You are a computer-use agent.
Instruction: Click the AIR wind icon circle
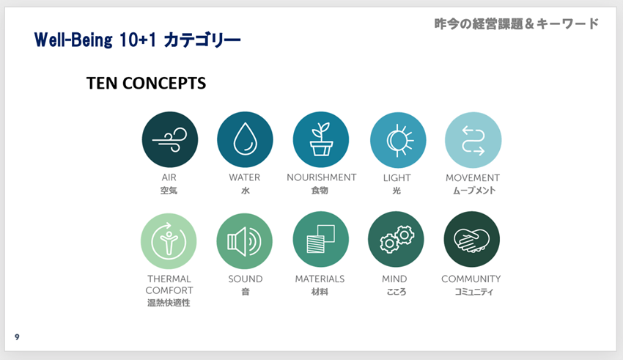(169, 139)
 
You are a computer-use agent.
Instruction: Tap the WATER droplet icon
(245, 139)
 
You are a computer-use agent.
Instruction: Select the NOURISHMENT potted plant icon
(320, 139)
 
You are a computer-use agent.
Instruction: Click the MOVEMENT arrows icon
(473, 139)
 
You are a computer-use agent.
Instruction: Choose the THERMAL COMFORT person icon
(169, 240)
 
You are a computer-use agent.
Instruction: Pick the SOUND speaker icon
(245, 240)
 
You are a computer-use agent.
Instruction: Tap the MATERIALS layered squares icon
(320, 240)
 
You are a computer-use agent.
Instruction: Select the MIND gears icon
(396, 240)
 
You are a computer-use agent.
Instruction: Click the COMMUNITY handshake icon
(471, 240)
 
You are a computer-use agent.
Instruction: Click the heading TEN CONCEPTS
(146, 84)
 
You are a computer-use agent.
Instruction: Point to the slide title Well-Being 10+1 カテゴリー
(138, 39)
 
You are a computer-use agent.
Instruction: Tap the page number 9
(17, 337)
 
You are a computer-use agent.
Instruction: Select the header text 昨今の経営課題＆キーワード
(516, 23)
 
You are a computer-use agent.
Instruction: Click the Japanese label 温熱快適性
(169, 302)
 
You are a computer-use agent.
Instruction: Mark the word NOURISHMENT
(321, 177)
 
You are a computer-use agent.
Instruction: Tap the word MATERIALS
(320, 279)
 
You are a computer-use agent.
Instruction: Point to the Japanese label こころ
(396, 291)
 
